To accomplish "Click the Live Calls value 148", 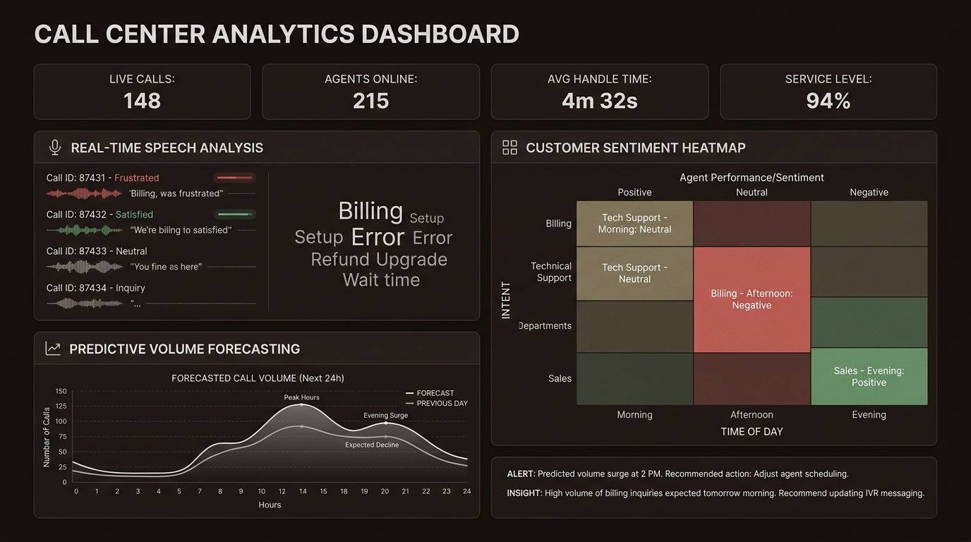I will point(142,101).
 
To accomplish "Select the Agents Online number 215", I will point(370,101).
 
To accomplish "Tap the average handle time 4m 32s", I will point(599,101).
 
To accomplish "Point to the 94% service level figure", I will point(828,101).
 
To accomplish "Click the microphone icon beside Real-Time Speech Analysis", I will point(54,147).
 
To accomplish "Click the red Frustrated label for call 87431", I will point(136,178).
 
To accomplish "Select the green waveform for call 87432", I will point(85,230).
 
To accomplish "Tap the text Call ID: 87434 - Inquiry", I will point(95,288).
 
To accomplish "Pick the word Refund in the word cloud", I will point(340,260).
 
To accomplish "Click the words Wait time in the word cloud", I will point(381,280).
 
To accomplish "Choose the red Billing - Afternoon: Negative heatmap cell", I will point(752,299).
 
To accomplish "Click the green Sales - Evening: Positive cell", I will point(869,376).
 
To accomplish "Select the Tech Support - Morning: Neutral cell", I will point(634,223).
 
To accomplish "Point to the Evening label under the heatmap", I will point(869,415).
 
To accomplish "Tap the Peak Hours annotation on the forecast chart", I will point(301,397).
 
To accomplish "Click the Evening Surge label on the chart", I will point(385,415).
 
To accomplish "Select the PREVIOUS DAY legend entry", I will point(442,404).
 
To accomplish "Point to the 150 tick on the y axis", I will point(61,391).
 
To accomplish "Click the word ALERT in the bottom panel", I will point(521,474).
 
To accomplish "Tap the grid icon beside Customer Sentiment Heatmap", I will point(509,147).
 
